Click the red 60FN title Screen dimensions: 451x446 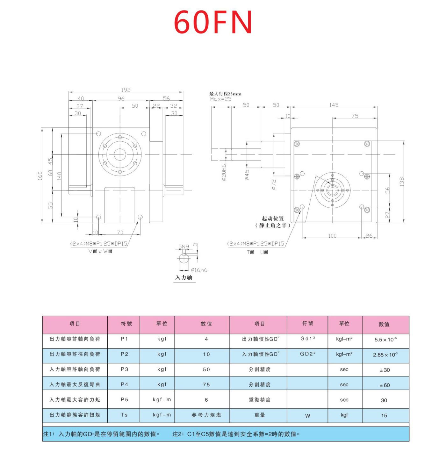[x=213, y=22]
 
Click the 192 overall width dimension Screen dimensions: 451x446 [x=126, y=90]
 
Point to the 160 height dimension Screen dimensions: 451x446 [x=40, y=175]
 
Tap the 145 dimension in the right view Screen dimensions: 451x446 [x=334, y=105]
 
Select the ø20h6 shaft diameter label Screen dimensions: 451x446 [x=224, y=173]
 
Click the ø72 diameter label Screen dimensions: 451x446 [x=274, y=184]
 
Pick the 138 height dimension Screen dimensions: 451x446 [x=401, y=182]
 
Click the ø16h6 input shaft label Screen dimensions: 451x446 [x=199, y=270]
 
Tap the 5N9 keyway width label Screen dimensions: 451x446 [x=183, y=247]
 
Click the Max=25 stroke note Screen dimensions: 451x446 [x=221, y=99]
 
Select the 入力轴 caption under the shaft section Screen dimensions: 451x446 [x=184, y=277]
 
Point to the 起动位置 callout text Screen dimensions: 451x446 [x=273, y=218]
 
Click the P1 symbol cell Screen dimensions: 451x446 [x=124, y=339]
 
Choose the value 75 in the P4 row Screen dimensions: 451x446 [x=206, y=384]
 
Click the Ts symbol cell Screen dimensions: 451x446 [x=124, y=415]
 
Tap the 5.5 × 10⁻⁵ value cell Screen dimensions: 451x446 [x=385, y=340]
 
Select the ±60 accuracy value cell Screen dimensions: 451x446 [x=385, y=385]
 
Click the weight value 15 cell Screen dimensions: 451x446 [x=384, y=415]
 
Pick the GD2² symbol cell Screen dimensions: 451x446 [x=307, y=354]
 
